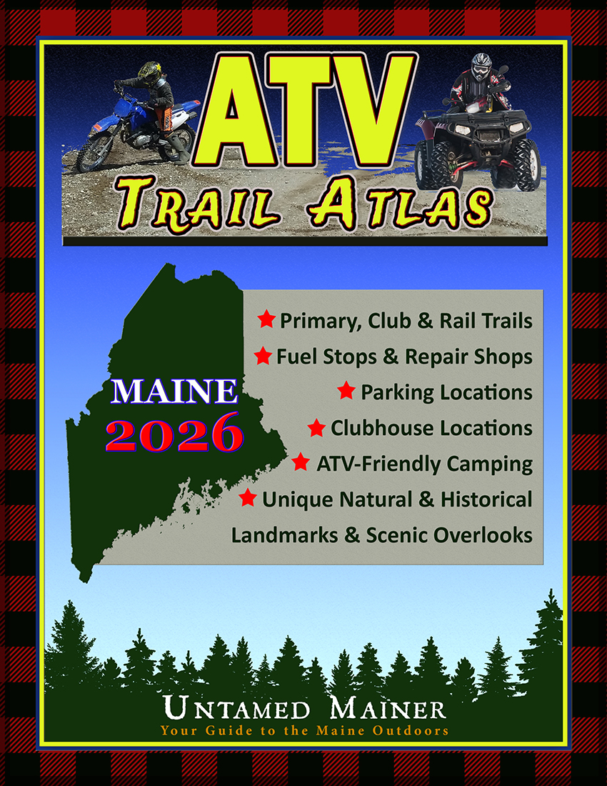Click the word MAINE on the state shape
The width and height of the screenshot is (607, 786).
click(174, 392)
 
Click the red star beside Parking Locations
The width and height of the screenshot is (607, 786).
click(346, 390)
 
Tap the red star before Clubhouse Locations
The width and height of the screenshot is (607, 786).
click(316, 427)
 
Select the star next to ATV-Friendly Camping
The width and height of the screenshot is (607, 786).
click(301, 462)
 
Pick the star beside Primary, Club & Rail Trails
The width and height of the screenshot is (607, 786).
click(266, 319)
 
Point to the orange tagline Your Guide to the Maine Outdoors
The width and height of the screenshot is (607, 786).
click(305, 730)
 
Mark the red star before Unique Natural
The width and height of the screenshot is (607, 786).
click(248, 497)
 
